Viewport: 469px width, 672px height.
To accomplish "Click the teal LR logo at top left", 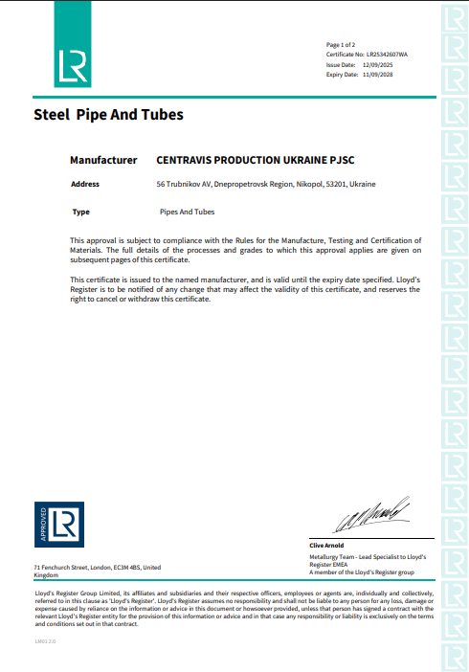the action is click(71, 63).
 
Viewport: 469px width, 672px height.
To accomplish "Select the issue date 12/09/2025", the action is click(370, 64).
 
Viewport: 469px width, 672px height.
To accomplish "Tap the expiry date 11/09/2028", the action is click(370, 74).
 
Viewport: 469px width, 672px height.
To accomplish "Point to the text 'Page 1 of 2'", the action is click(341, 45).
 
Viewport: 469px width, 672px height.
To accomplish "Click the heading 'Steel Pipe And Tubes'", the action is click(108, 116).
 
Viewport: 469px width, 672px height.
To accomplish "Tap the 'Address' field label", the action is click(84, 183).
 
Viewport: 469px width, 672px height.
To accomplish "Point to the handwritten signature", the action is click(372, 520).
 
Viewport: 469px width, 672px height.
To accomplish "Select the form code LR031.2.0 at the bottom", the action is click(45, 640).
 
